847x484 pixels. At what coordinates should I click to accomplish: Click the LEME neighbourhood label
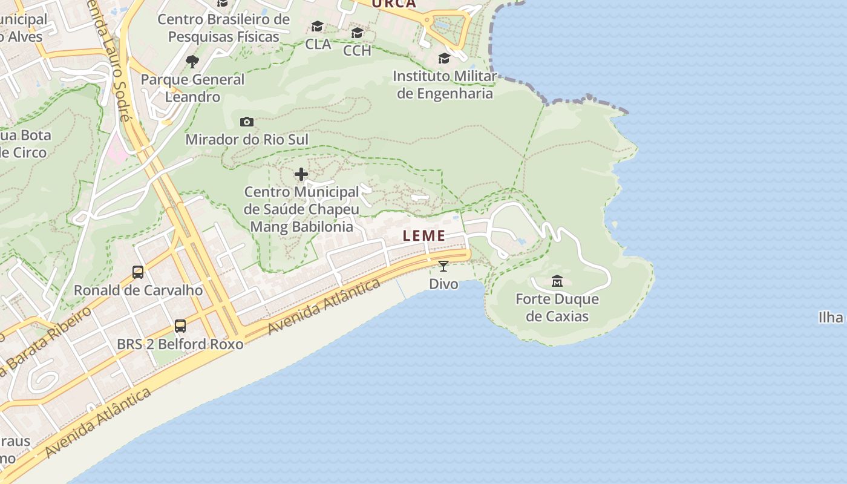tap(424, 236)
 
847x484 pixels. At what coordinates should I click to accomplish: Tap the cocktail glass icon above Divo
tap(443, 266)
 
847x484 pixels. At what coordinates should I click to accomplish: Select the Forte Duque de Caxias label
tap(557, 307)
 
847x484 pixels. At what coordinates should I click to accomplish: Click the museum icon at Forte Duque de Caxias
tap(557, 281)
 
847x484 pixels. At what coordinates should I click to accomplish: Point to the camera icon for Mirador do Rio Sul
tap(246, 122)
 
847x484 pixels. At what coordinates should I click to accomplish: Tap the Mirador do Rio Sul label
tap(247, 140)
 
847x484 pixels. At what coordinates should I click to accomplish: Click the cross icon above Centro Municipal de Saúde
tap(301, 175)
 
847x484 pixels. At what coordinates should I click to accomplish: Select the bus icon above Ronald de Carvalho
tap(138, 272)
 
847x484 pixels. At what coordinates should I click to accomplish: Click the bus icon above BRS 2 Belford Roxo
tap(180, 326)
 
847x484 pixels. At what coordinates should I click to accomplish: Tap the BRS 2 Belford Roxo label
tap(180, 344)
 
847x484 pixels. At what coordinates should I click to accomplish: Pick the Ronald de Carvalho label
tap(138, 290)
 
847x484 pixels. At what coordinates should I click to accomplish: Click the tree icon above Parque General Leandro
tap(192, 61)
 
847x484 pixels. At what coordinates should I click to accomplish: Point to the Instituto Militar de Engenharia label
tap(445, 85)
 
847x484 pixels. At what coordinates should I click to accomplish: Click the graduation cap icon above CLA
tap(318, 27)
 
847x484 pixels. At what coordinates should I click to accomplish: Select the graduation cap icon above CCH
tap(357, 33)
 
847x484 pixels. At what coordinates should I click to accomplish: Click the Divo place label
tap(443, 284)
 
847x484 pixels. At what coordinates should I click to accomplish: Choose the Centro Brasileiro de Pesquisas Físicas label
tap(224, 28)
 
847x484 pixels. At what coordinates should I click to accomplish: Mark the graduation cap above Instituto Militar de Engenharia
tap(444, 59)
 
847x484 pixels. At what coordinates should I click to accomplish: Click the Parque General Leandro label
tap(192, 88)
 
